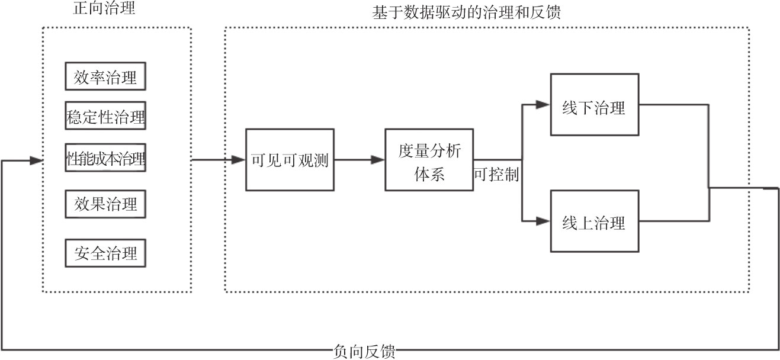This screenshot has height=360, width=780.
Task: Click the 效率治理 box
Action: click(x=105, y=78)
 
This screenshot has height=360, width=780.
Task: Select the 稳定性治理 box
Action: click(x=105, y=117)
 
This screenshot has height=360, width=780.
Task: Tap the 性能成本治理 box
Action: click(x=105, y=159)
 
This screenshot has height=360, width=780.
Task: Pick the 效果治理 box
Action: click(x=105, y=204)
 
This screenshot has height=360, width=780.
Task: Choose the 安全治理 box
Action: click(x=105, y=253)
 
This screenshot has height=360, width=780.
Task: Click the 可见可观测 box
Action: click(x=290, y=160)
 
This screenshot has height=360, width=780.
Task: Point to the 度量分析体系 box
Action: click(x=429, y=160)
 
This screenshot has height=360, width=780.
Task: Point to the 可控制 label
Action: click(x=496, y=176)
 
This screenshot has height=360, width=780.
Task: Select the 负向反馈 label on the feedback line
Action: click(x=364, y=352)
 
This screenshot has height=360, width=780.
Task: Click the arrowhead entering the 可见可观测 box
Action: click(x=240, y=160)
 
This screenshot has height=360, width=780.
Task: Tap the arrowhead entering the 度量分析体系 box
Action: click(x=378, y=160)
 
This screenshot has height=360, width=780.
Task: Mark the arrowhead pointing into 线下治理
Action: click(x=544, y=105)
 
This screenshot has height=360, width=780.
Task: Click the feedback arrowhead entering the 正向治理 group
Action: click(x=37, y=160)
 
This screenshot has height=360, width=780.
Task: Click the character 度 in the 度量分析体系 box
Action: click(x=406, y=150)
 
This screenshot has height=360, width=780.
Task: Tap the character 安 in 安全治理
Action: click(x=82, y=253)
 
